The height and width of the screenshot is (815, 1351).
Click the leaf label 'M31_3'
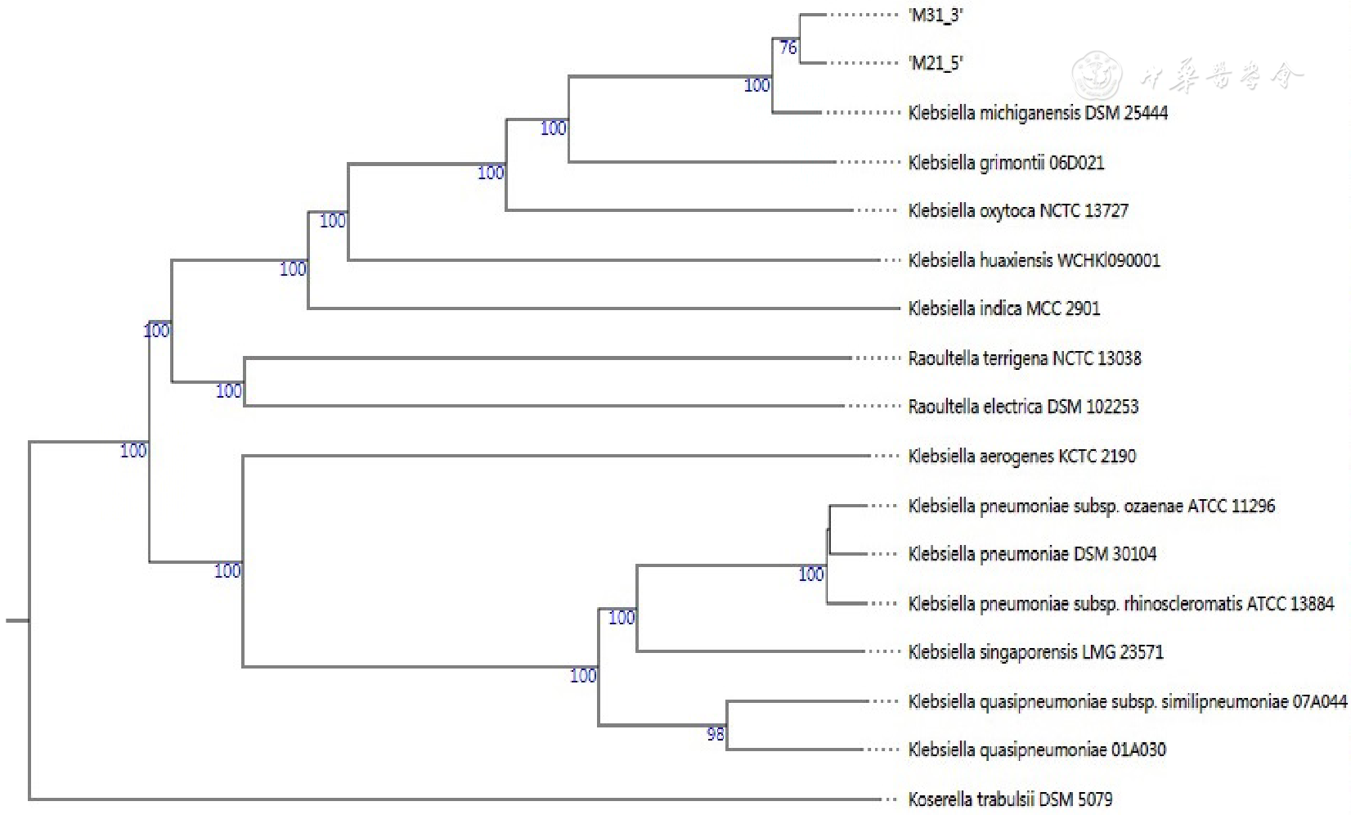936,15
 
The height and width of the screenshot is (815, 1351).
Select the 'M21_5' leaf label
936,63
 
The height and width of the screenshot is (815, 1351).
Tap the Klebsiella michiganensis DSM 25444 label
1037,113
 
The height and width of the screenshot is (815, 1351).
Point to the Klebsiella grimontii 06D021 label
1006,162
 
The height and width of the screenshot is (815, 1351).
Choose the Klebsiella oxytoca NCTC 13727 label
1017,211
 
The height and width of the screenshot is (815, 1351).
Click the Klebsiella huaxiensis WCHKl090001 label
1034,260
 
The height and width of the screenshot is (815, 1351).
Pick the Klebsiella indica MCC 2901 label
1003,308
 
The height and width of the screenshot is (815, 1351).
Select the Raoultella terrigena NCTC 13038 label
1024,358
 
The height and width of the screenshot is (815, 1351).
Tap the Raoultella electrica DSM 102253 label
1022,407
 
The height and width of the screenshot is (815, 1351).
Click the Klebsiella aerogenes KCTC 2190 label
1021,456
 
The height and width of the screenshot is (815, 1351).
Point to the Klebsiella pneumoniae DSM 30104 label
1032,554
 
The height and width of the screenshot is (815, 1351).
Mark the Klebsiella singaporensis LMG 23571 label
1035,652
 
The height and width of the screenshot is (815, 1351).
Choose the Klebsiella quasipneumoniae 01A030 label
1036,750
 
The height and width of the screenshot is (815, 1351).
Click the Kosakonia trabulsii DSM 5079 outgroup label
1010,799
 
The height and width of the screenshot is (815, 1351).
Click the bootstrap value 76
788,47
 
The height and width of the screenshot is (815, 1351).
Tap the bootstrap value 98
716,734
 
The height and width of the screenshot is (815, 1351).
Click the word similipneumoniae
1224,701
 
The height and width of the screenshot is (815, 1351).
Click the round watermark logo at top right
1097,75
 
